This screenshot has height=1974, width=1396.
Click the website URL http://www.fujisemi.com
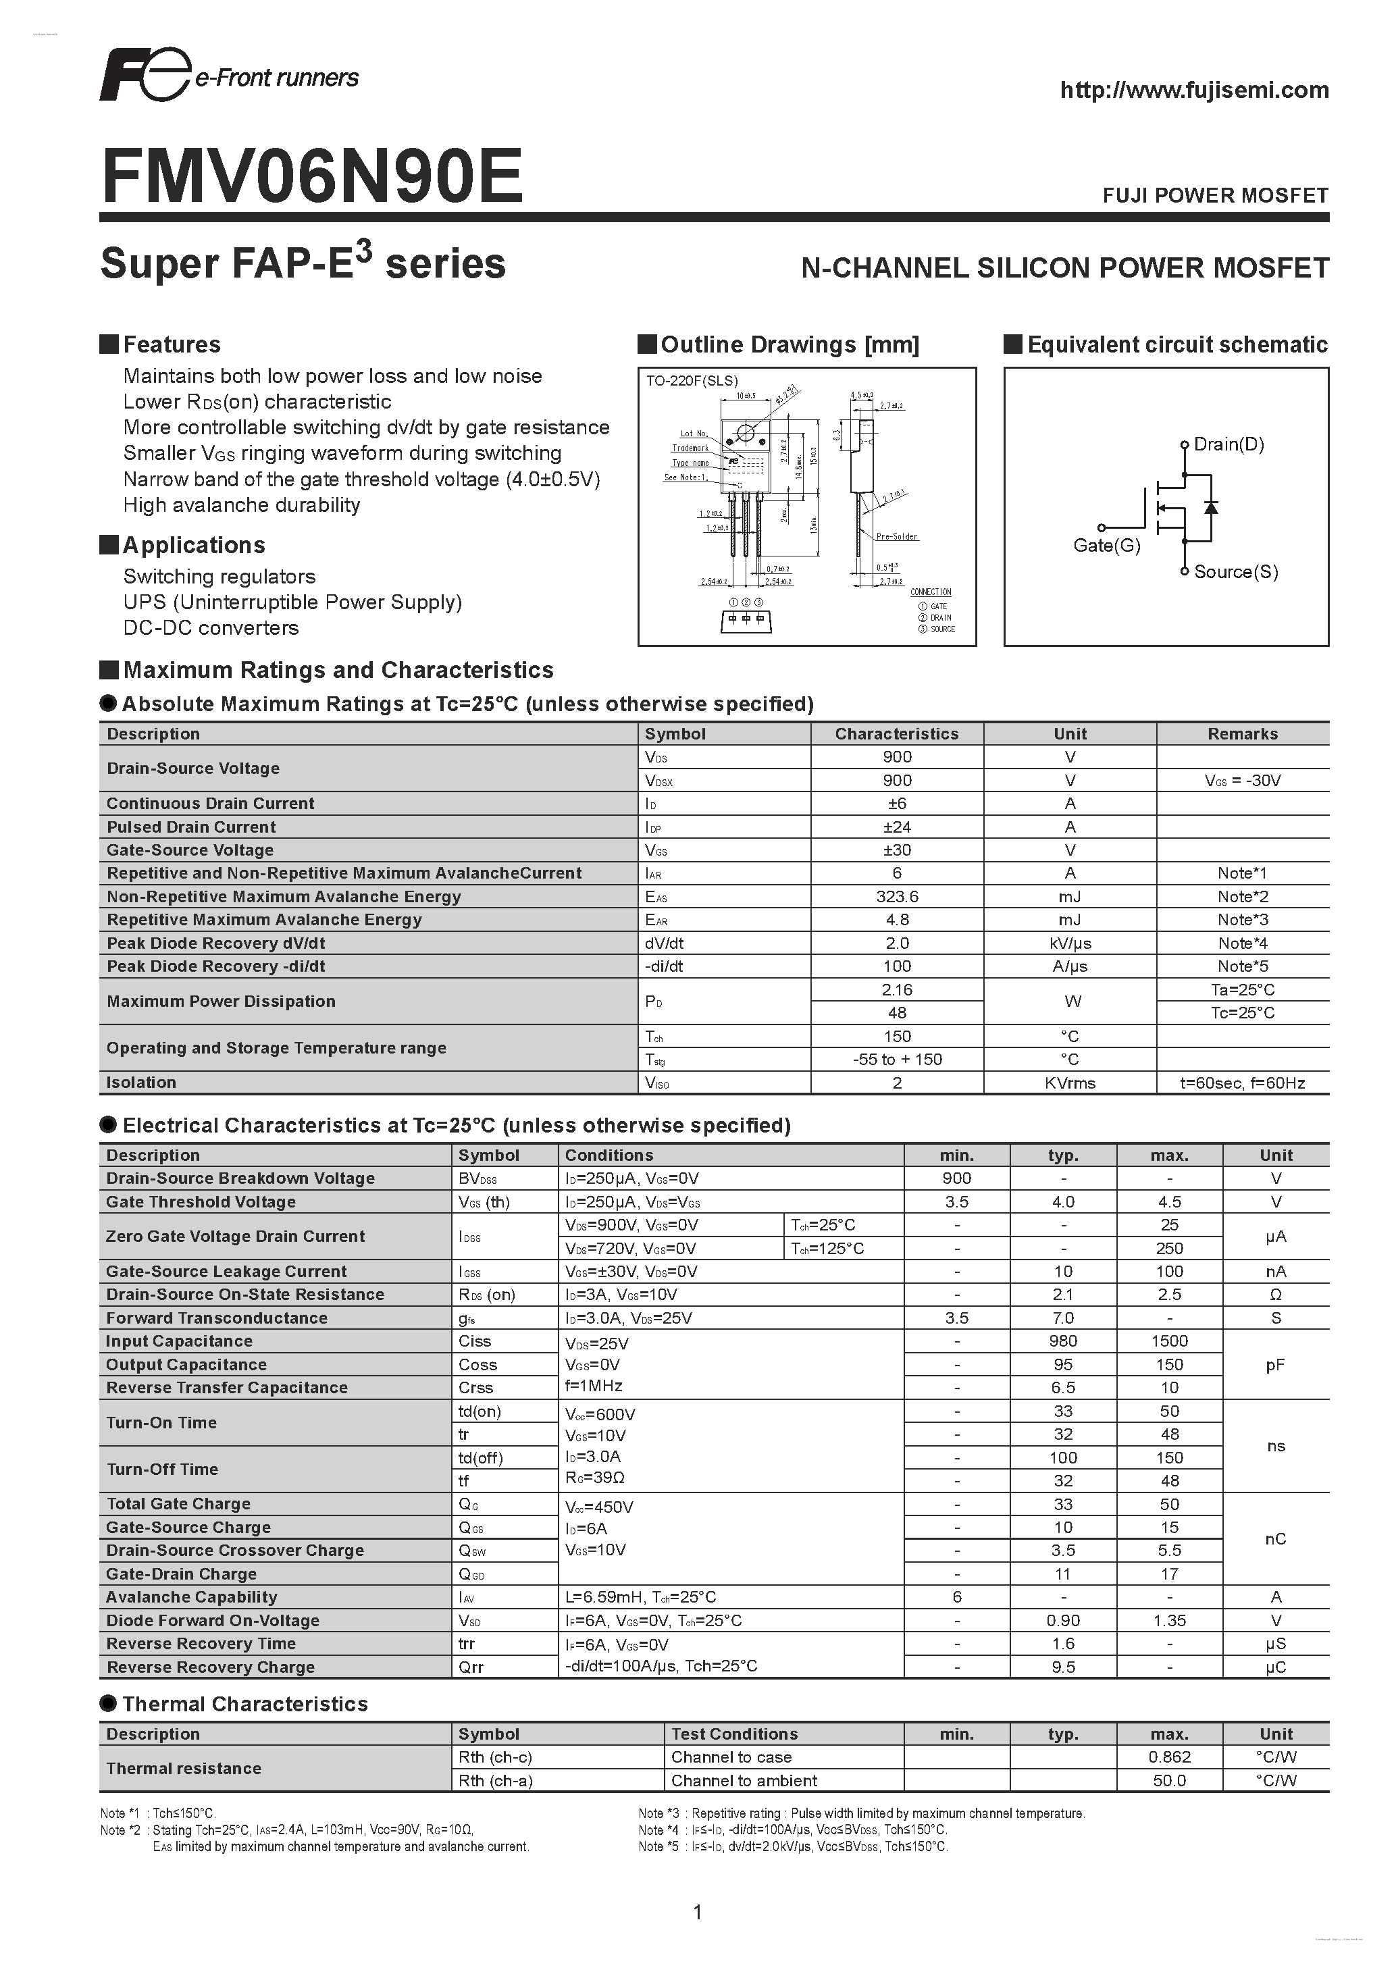[x=1194, y=90]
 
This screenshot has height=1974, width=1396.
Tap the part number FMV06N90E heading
[x=312, y=177]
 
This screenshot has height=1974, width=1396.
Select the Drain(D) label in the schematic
[x=1229, y=444]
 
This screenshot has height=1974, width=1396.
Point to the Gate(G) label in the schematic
[x=1106, y=545]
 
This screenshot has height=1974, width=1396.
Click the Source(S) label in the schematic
[x=1235, y=572]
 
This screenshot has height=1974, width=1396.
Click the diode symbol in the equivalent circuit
[x=1211, y=507]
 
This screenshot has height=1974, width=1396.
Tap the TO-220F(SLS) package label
[x=692, y=381]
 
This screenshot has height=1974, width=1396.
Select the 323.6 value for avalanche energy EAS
[x=897, y=897]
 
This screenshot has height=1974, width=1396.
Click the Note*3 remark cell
[x=1242, y=920]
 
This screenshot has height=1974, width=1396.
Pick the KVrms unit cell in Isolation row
[x=1069, y=1083]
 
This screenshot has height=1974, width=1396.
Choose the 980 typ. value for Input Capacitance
[x=1062, y=1341]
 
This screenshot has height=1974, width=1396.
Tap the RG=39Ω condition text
[x=595, y=1478]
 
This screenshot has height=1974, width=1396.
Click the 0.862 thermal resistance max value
[x=1169, y=1757]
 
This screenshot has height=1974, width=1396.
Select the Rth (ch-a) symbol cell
[x=495, y=1781]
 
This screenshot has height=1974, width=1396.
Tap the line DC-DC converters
[x=211, y=627]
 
